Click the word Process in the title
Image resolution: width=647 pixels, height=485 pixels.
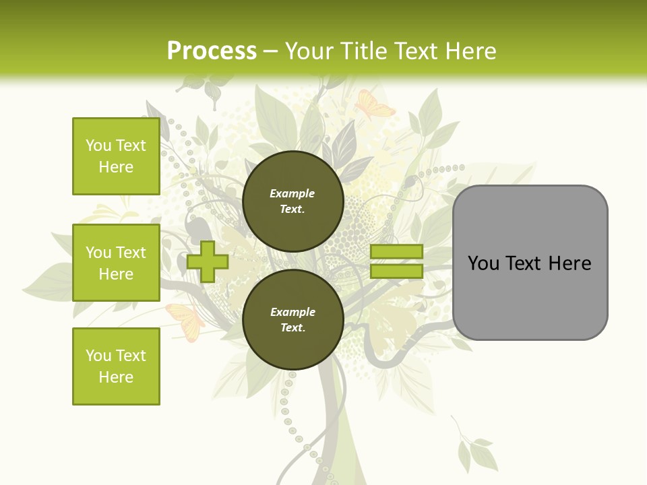212,51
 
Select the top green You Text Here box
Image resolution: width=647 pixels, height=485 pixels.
116,156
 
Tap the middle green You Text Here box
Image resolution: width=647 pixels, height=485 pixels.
116,263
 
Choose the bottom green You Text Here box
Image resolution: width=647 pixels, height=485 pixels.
116,366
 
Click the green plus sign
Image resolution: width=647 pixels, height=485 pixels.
208,262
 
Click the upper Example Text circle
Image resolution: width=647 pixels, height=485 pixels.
292,201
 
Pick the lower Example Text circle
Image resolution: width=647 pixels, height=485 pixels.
292,319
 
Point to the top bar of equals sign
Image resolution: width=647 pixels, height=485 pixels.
396,252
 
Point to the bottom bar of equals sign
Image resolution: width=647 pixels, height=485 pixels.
396,271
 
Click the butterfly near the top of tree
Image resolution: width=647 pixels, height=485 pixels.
374,104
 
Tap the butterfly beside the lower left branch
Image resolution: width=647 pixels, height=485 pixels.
185,319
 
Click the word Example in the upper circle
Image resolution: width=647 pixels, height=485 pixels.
292,193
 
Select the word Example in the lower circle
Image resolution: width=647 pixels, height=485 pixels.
292,312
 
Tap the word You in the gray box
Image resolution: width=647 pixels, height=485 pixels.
483,263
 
